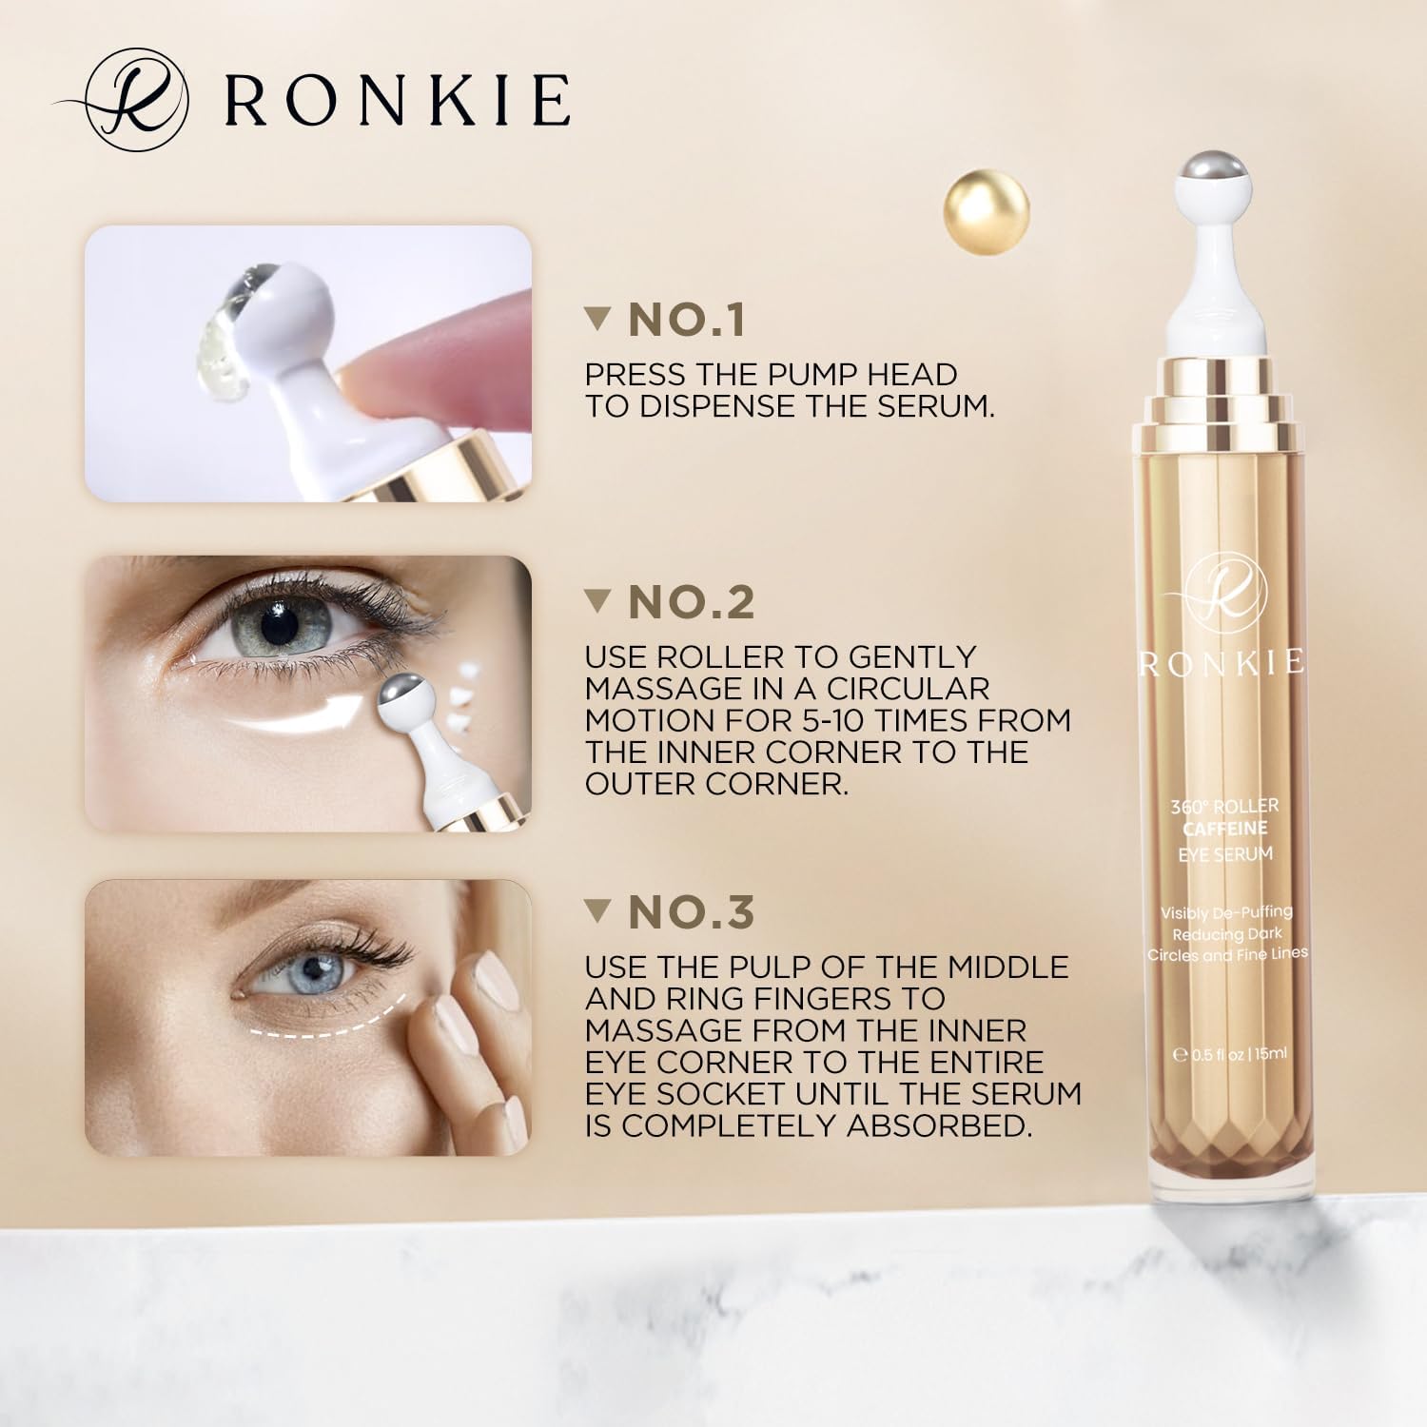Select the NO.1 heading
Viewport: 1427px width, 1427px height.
point(687,320)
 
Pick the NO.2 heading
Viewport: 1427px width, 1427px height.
point(692,601)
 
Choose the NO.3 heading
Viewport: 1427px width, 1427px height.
point(692,912)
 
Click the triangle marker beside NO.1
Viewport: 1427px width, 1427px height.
point(597,318)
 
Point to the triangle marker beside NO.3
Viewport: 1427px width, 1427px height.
point(597,910)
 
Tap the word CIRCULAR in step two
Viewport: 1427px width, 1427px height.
point(882,688)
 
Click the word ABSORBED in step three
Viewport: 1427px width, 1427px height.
point(940,1125)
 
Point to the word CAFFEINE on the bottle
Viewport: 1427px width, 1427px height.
point(1225,829)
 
